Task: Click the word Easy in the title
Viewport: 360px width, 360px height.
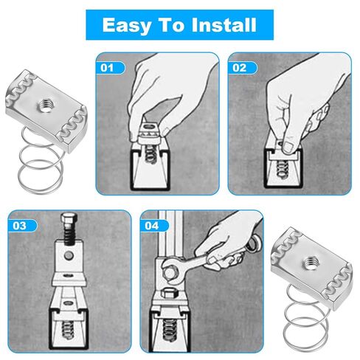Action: pos(126,26)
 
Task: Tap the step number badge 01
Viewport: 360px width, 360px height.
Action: pos(108,68)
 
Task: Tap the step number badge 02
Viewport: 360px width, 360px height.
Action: pos(240,68)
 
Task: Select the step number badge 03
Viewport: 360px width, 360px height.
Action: pos(21,224)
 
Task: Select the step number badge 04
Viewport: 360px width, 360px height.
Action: pos(152,224)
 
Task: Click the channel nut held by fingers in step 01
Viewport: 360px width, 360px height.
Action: pos(151,134)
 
